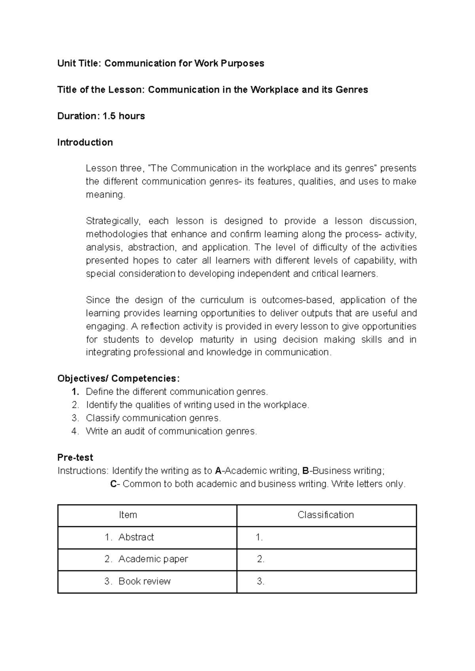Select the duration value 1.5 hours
pyautogui.click(x=123, y=116)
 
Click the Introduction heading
pyautogui.click(x=85, y=142)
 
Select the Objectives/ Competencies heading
pyautogui.click(x=118, y=379)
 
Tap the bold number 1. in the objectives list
pyautogui.click(x=75, y=392)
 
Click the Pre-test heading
pyautogui.click(x=75, y=458)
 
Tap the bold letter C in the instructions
pyautogui.click(x=113, y=484)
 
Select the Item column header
pyautogui.click(x=128, y=515)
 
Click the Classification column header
pyautogui.click(x=325, y=515)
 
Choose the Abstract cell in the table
pyautogui.click(x=136, y=537)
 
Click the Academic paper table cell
pyautogui.click(x=153, y=559)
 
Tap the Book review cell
pyautogui.click(x=144, y=581)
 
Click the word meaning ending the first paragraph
pyautogui.click(x=104, y=195)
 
